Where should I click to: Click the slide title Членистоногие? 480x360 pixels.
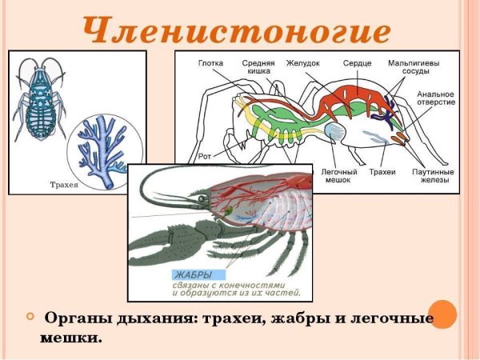[238, 30]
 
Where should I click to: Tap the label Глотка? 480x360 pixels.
[211, 61]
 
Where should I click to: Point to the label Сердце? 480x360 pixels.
[357, 61]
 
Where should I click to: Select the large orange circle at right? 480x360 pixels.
[442, 314]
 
